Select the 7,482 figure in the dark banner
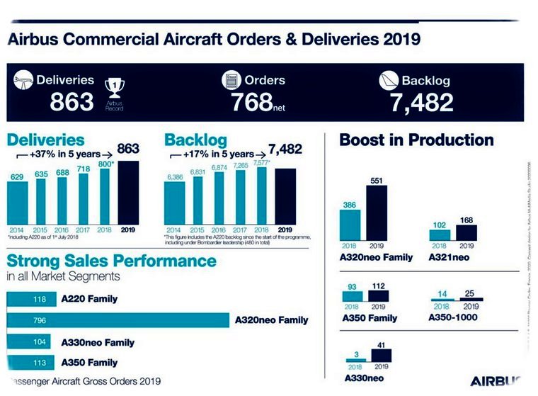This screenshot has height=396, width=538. pos(421,103)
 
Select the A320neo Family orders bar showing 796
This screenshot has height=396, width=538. pos(118,320)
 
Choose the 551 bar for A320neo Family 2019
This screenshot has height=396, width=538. pos(376,213)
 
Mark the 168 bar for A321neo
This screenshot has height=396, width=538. pos(466,233)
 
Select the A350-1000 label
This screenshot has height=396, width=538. pos(452,317)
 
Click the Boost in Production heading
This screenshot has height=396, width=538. pos(416,140)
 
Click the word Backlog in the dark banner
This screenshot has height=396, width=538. pos(425,80)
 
